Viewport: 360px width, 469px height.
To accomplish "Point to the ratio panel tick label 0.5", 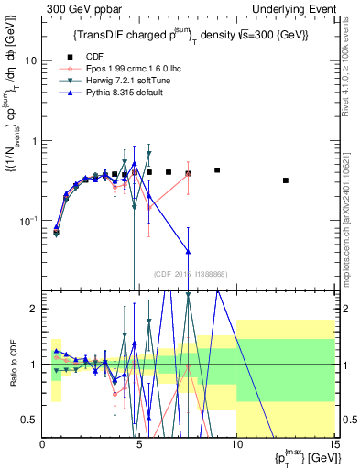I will (29, 420).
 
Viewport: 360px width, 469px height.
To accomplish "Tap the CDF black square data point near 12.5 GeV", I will (286, 180).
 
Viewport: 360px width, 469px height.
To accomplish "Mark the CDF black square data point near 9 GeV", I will (217, 170).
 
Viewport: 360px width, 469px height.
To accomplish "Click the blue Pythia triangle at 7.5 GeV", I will (188, 251).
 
